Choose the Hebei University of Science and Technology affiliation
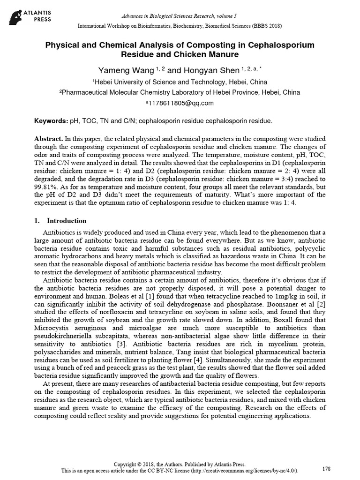point(180,82)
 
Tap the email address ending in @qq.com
point(181,103)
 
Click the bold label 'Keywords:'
point(51,121)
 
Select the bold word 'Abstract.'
point(48,140)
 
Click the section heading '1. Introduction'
point(61,221)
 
